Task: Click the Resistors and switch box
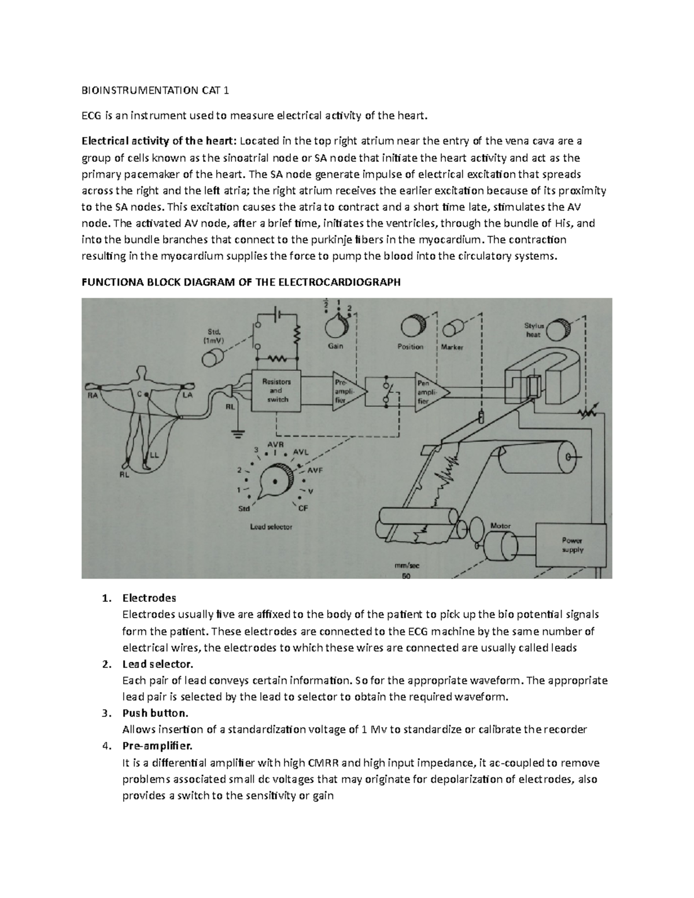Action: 276,390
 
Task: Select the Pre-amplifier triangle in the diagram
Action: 345,391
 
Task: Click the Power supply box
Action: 572,545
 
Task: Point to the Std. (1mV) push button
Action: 212,360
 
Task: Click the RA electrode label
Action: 93,396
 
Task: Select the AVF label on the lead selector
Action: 315,470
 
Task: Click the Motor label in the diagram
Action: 500,526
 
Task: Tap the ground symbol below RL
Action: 235,430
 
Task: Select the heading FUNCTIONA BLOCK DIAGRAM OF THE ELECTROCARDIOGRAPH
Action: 241,283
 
